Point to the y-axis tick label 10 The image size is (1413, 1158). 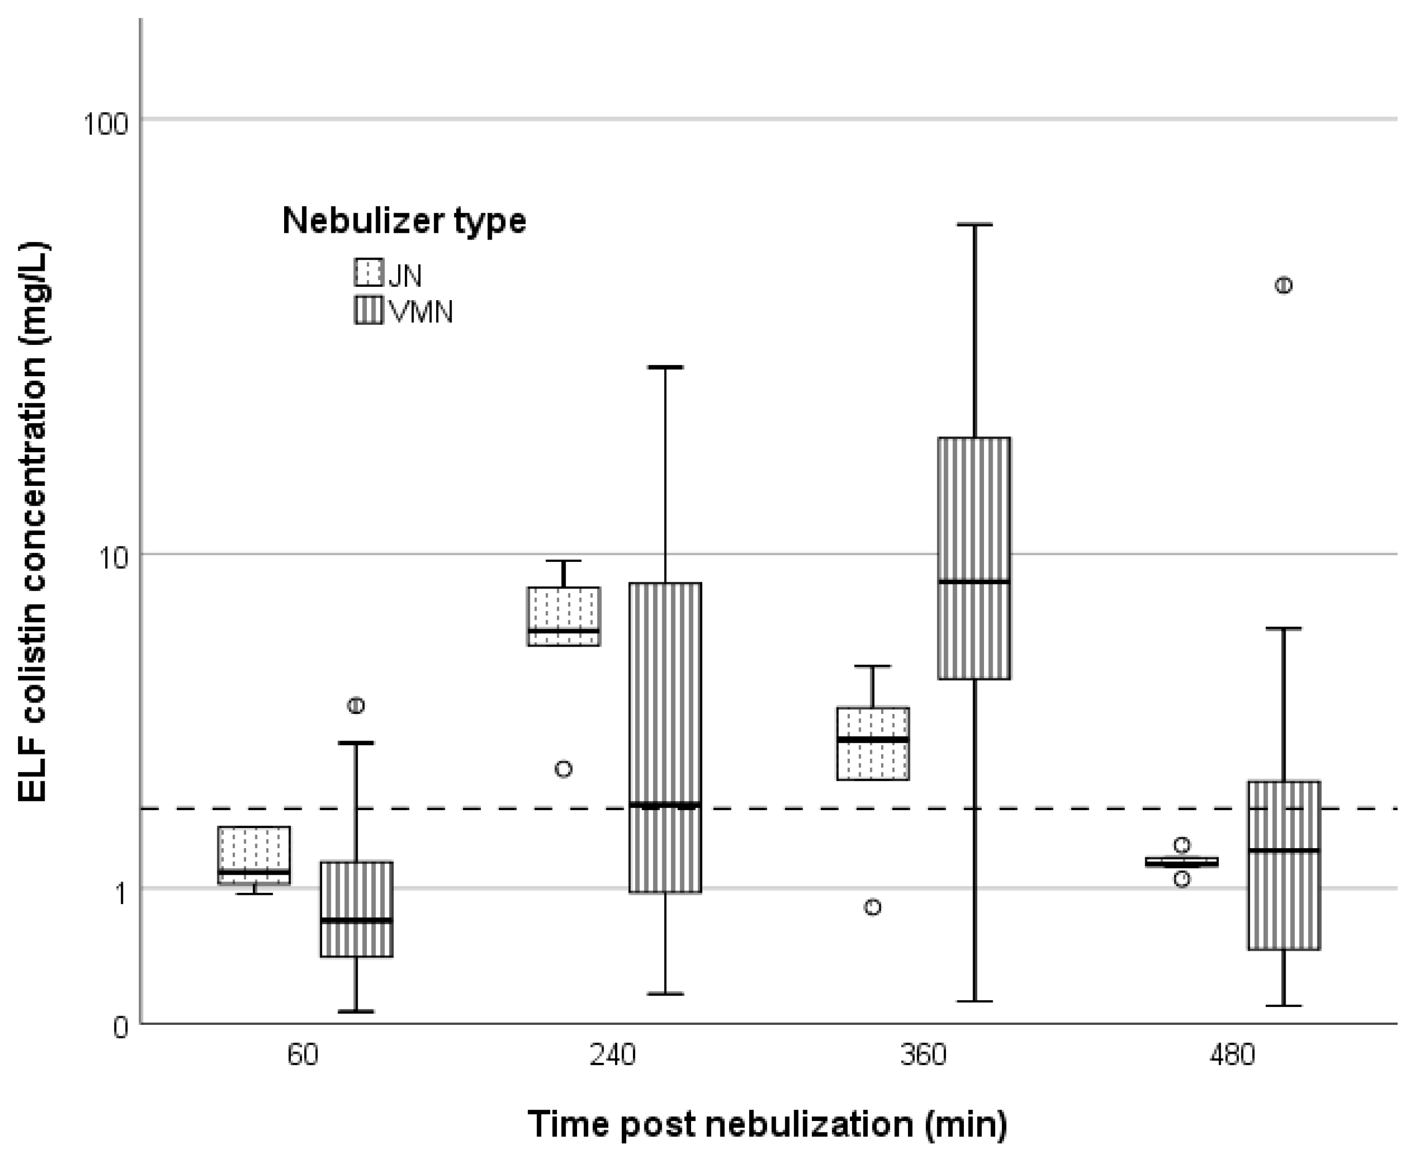tap(113, 559)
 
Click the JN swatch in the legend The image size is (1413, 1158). tap(368, 272)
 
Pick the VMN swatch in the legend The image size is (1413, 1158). tap(368, 310)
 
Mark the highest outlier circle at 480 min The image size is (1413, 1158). tap(1283, 285)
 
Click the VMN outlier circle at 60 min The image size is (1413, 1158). tap(356, 705)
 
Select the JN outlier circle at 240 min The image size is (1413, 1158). tap(564, 769)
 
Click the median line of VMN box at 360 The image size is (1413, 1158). tap(974, 582)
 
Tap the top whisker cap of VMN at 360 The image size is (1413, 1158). tap(974, 225)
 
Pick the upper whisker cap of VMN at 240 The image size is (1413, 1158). tap(665, 367)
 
